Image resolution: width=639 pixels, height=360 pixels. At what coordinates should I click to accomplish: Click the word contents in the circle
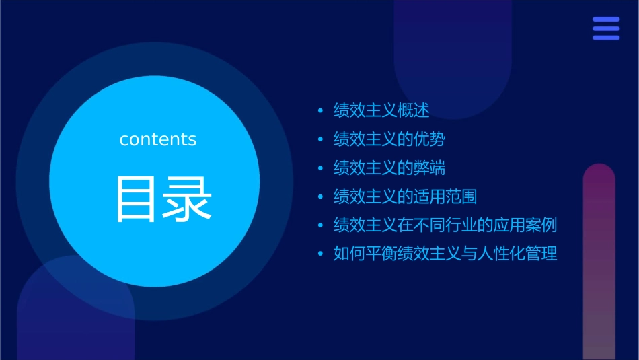click(158, 139)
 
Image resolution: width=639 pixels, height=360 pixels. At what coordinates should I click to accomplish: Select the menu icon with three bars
click(606, 29)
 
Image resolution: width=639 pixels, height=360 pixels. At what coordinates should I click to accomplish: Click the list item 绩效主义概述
click(381, 110)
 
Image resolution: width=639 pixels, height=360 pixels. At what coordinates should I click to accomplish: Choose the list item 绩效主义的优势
click(389, 139)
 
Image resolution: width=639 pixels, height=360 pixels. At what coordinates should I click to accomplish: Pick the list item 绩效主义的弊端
click(389, 168)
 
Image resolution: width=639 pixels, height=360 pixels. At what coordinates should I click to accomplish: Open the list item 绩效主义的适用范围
click(406, 196)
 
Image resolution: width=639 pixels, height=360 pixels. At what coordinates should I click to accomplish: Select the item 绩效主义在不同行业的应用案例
click(445, 225)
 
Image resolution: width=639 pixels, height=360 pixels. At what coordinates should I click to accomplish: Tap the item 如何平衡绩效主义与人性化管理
click(445, 254)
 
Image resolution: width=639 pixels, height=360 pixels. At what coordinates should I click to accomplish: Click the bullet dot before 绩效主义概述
click(320, 110)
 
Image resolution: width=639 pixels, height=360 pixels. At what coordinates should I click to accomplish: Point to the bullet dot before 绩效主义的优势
click(320, 139)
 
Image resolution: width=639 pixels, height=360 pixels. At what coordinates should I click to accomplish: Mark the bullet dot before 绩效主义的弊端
click(320, 168)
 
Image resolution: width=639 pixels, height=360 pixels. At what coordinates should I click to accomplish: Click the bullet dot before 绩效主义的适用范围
click(320, 196)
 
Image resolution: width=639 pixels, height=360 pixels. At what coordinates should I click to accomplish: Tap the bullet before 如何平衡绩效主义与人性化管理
click(320, 254)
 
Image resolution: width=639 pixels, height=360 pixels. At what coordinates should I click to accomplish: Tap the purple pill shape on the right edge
click(599, 262)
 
